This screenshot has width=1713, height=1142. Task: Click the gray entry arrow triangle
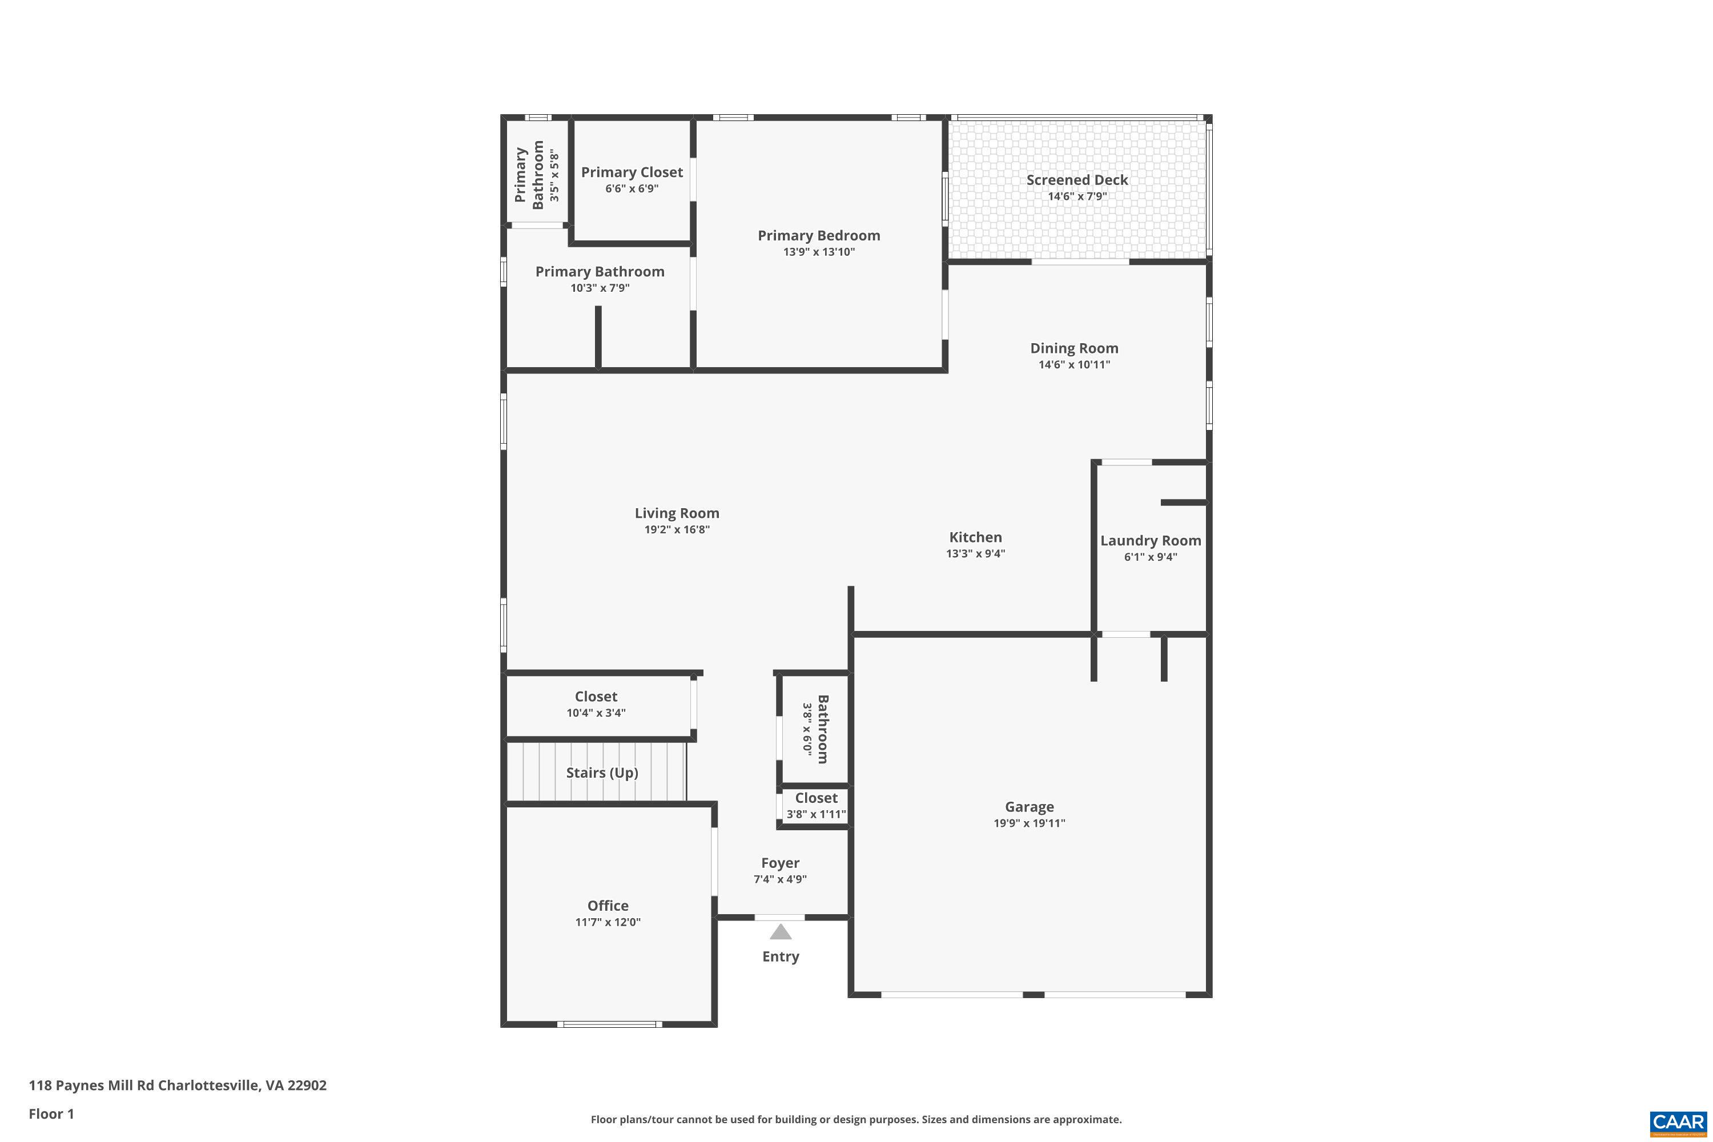[780, 932]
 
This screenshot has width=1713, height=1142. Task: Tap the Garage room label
[1028, 807]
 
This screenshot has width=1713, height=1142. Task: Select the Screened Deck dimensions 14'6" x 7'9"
[1076, 196]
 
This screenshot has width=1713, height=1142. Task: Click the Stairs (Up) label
[602, 773]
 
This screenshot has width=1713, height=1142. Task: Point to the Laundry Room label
[1150, 540]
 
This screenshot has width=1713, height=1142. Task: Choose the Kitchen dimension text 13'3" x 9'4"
[975, 553]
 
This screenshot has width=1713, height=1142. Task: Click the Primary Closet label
[632, 172]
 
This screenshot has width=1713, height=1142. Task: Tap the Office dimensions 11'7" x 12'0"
[608, 922]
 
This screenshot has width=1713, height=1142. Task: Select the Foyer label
[780, 863]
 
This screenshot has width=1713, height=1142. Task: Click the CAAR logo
[1678, 1123]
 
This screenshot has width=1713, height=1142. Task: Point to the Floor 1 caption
[51, 1113]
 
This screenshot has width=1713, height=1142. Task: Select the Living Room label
[677, 513]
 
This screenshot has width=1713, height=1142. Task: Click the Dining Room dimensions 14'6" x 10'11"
[1073, 365]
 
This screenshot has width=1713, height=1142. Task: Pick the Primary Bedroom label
[819, 236]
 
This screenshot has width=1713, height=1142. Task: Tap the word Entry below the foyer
[780, 957]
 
